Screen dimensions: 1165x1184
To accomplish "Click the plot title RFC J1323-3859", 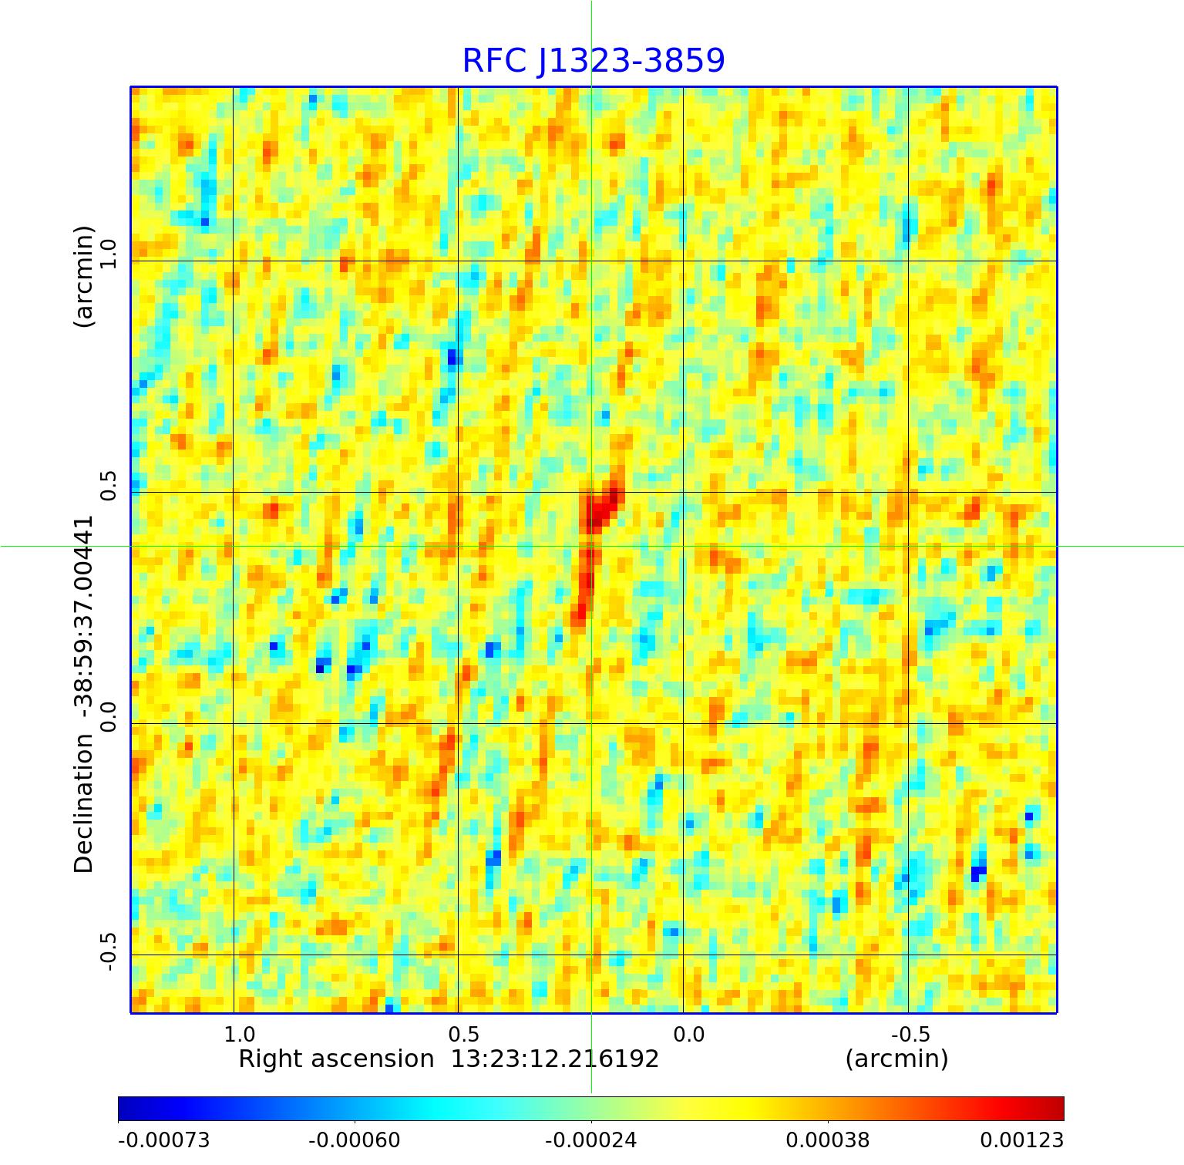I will click(x=593, y=61).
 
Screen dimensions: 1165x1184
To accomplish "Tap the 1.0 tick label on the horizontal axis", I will click(x=239, y=1034).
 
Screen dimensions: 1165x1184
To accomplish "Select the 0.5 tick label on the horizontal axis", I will click(x=463, y=1034).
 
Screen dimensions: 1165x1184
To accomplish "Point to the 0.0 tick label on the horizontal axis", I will click(x=688, y=1034).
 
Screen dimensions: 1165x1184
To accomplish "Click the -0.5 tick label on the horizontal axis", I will click(x=910, y=1034).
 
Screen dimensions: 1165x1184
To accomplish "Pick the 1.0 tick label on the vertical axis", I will click(x=106, y=254).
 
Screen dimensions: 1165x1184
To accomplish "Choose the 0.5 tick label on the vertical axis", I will click(x=106, y=485).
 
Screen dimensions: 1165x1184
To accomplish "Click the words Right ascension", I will click(x=336, y=1059).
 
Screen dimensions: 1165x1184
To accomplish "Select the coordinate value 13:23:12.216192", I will click(x=555, y=1059).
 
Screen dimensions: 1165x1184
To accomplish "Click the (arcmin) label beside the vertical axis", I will click(x=83, y=276).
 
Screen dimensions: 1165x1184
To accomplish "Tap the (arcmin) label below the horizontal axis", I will click(x=896, y=1059).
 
